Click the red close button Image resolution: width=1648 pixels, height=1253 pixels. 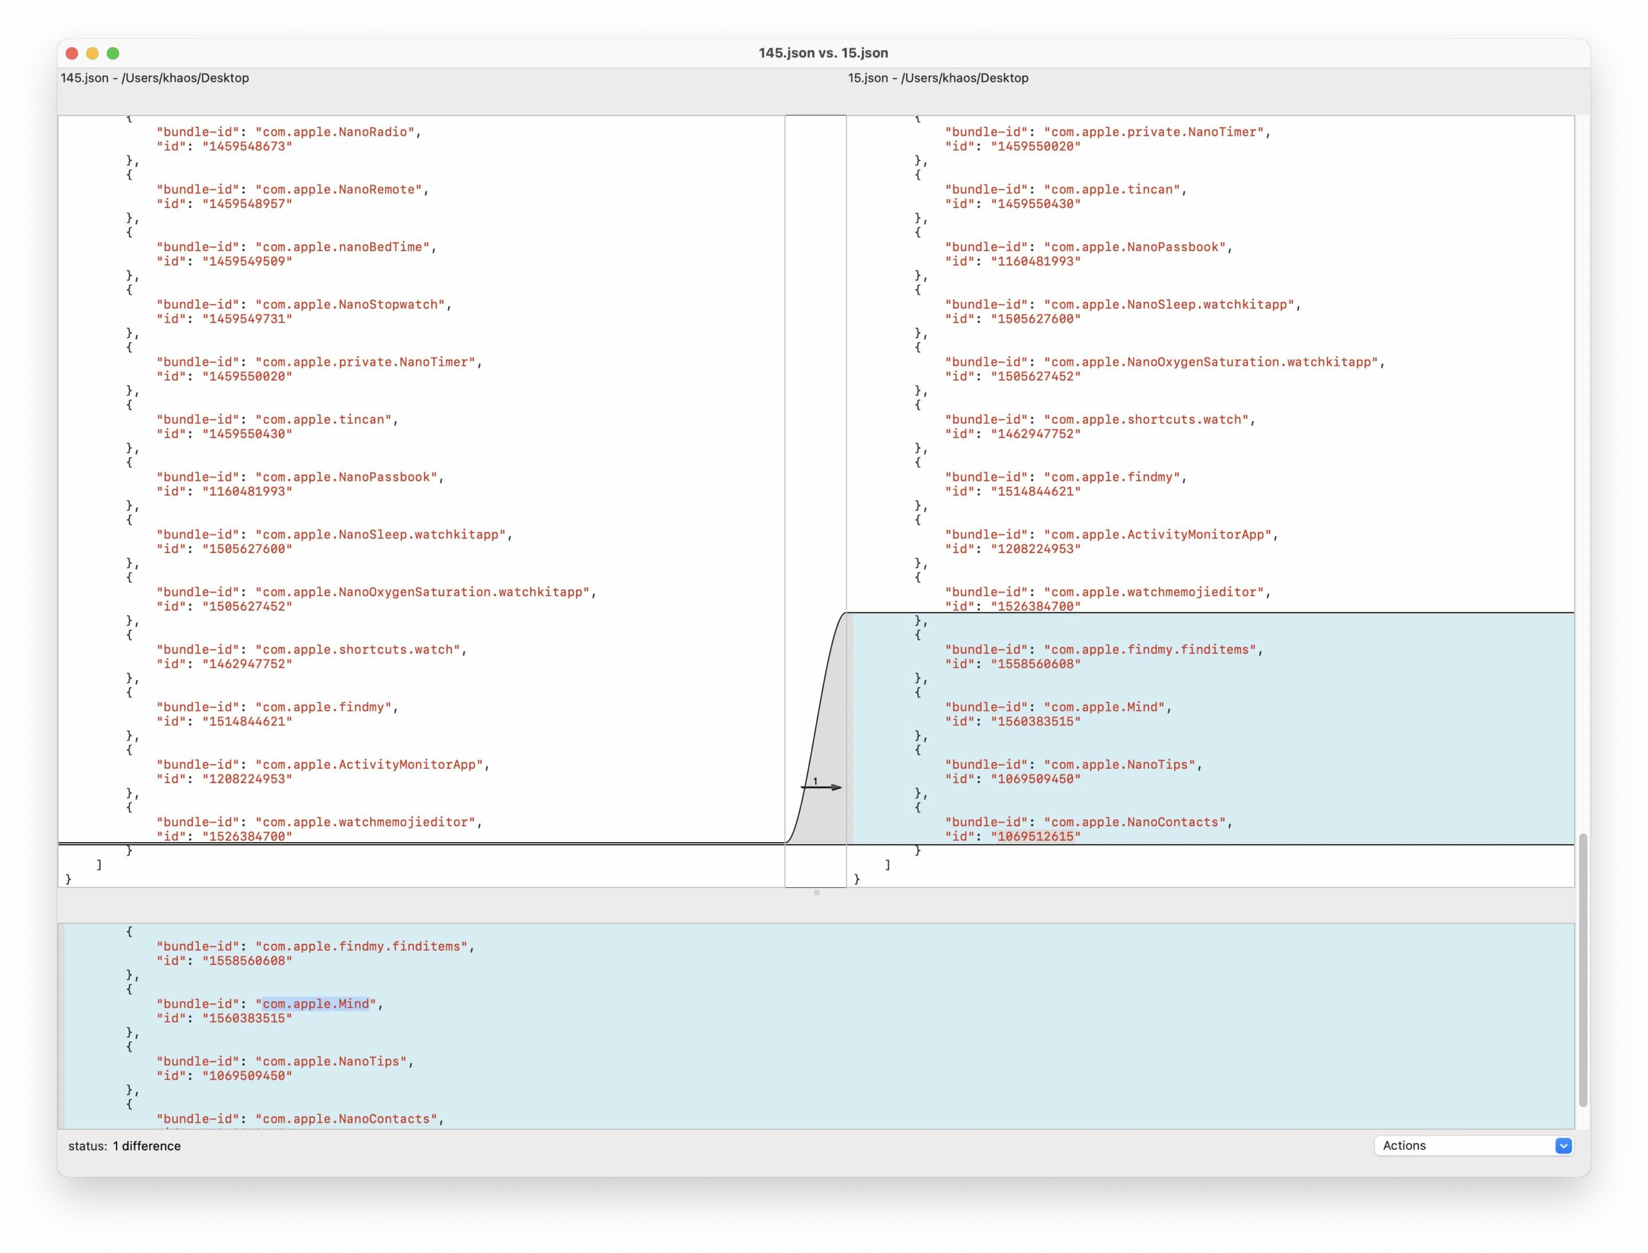click(x=71, y=53)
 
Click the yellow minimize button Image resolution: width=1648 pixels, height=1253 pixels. click(x=93, y=53)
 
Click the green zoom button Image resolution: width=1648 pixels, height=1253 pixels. click(x=113, y=53)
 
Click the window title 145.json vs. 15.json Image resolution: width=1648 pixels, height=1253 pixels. click(x=823, y=53)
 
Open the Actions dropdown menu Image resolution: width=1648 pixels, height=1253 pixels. click(x=1474, y=1145)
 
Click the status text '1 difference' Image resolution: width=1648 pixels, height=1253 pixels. click(x=147, y=1145)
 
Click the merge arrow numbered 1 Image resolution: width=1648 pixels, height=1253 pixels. click(x=821, y=787)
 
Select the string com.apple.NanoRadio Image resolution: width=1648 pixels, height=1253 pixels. click(x=335, y=132)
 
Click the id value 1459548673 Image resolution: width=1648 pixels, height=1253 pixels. click(x=247, y=146)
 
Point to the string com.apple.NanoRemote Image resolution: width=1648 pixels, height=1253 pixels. click(x=339, y=189)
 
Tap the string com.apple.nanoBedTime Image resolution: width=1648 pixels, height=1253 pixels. click(x=342, y=247)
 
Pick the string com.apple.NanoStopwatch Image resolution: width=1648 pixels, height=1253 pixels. click(x=350, y=305)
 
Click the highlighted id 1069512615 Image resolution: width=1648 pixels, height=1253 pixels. click(x=1036, y=836)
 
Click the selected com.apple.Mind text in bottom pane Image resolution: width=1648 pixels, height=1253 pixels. click(x=315, y=1004)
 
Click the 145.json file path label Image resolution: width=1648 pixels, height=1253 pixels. click(x=155, y=77)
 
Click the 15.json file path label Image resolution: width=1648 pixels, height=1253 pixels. click(x=938, y=77)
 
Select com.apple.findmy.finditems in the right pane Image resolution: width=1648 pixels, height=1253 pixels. click(x=1150, y=650)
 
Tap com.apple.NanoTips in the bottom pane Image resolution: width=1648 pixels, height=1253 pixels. click(x=331, y=1061)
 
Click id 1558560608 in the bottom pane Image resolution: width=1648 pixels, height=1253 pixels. click(x=247, y=961)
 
